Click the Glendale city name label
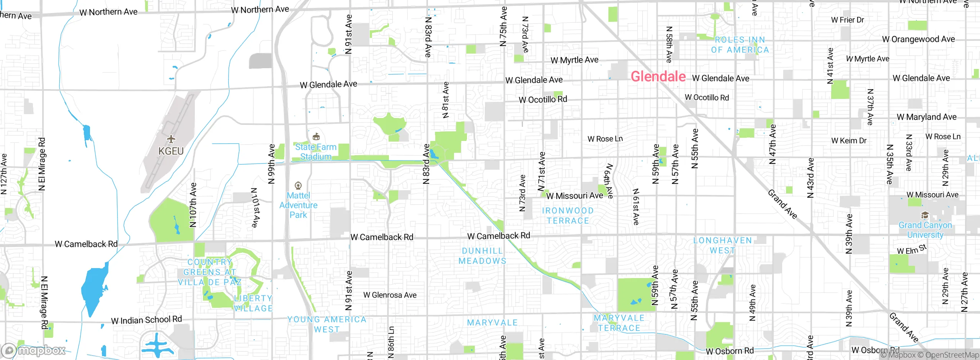(x=658, y=77)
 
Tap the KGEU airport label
(x=171, y=151)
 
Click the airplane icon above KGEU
(x=171, y=139)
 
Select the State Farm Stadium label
(x=315, y=152)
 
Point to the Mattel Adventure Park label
(x=298, y=205)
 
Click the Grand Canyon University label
(x=925, y=230)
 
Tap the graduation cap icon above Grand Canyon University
(x=925, y=215)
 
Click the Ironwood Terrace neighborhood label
(x=568, y=216)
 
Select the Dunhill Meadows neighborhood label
(x=482, y=256)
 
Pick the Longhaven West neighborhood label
(x=722, y=245)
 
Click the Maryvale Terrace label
(x=619, y=323)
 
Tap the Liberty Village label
(x=253, y=303)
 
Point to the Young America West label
(x=327, y=324)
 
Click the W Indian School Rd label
(x=146, y=320)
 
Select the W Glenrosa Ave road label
(x=390, y=295)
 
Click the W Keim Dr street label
(x=849, y=141)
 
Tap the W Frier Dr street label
(x=848, y=20)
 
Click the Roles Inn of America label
(x=740, y=45)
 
